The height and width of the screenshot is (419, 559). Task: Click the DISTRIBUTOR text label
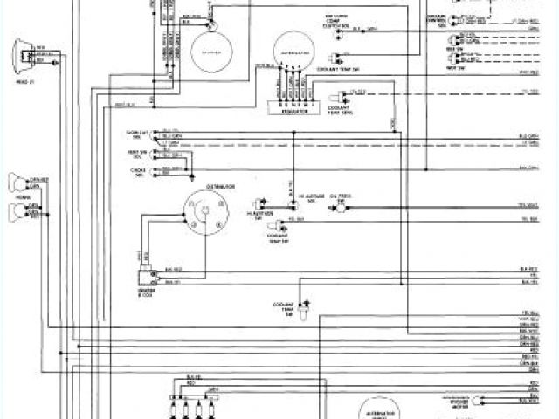click(219, 186)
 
